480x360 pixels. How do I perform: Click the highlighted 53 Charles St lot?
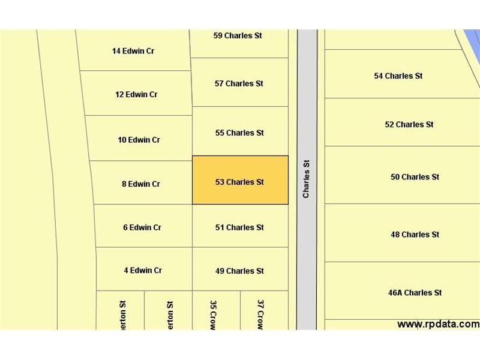tap(240, 180)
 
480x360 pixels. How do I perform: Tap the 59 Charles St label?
tap(238, 35)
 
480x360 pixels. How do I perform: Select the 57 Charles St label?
tap(239, 83)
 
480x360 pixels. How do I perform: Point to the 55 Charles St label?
tap(239, 133)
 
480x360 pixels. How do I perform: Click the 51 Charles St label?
tap(239, 227)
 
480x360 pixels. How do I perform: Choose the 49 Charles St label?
tap(239, 271)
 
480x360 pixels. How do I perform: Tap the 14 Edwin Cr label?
tap(133, 51)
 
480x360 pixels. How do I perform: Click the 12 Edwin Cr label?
tap(136, 94)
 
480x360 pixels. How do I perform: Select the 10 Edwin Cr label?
tap(139, 140)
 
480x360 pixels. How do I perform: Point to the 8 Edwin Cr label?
tap(141, 184)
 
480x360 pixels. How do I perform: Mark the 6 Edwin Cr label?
tap(142, 227)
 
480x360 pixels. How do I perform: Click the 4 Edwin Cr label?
tap(143, 270)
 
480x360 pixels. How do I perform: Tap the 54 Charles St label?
tap(398, 76)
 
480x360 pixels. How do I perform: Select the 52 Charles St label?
tap(409, 124)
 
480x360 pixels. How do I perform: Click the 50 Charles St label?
tap(415, 176)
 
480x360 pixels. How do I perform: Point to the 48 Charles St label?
tap(415, 234)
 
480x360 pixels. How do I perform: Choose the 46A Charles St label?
tap(415, 292)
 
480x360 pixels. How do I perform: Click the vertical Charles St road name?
tap(307, 178)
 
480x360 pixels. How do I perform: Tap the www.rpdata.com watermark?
tap(438, 324)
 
